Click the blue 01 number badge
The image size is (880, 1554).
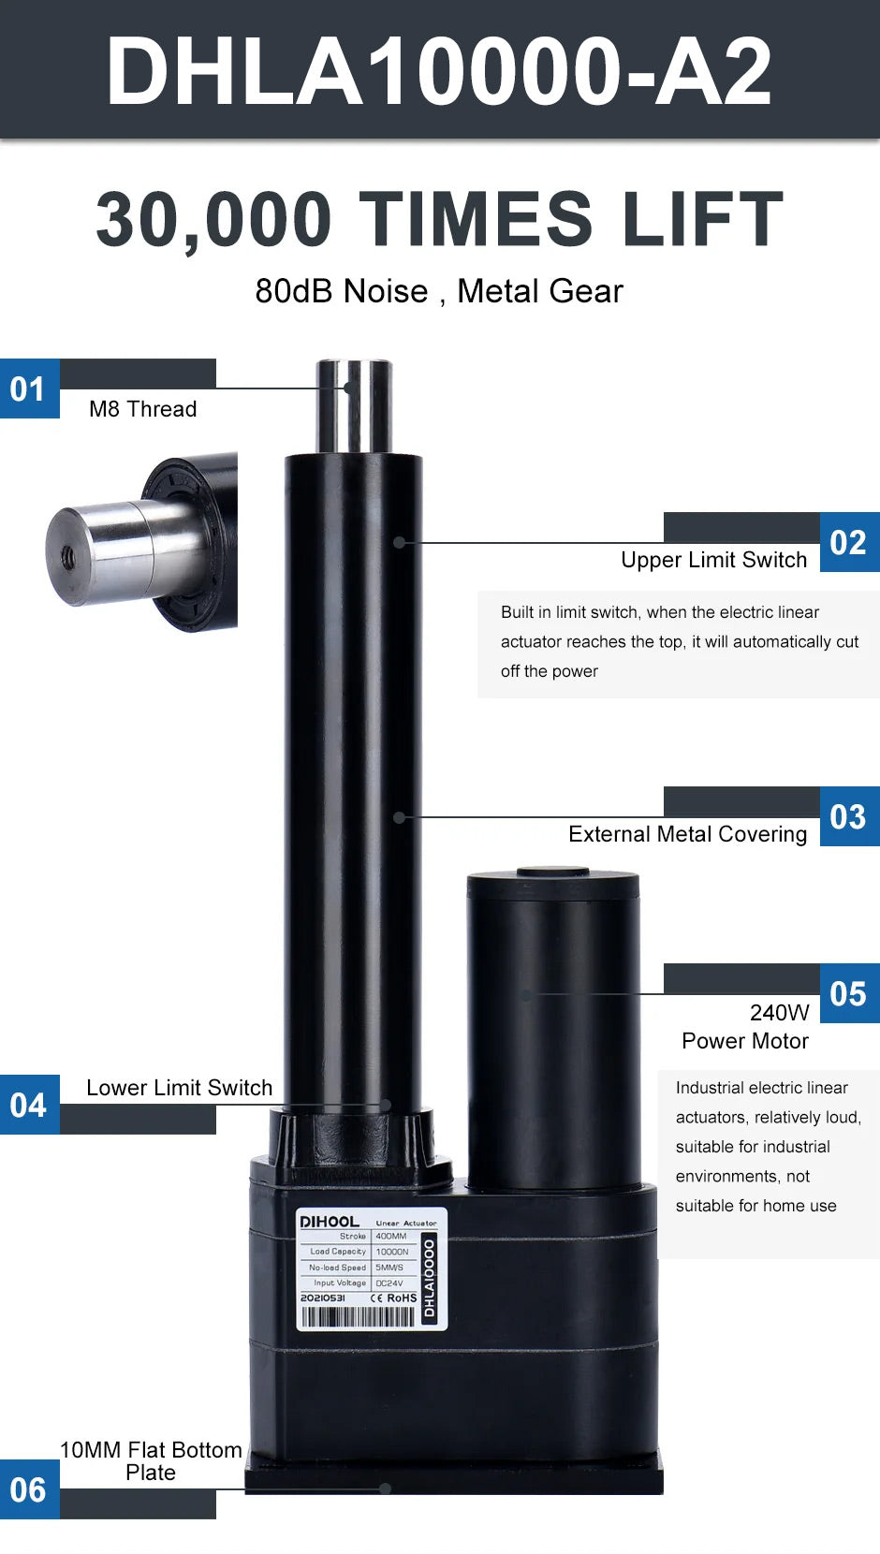[30, 388]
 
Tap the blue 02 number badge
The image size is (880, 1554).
[849, 542]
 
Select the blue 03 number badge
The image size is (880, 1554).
[849, 816]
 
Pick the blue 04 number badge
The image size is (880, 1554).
[30, 1105]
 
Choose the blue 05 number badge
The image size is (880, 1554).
[849, 992]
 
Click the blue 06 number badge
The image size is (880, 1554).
[30, 1489]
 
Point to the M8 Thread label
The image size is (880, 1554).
[143, 408]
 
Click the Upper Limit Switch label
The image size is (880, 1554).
[714, 560]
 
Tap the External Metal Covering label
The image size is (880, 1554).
[688, 834]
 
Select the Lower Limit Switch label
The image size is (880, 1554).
[179, 1087]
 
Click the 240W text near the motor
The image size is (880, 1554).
[780, 1013]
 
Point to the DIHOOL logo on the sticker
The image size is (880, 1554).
[330, 1222]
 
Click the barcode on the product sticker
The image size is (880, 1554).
[358, 1316]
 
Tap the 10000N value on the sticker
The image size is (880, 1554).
[392, 1252]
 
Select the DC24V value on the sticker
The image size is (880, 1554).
[389, 1283]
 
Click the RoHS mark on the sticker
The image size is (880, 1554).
[402, 1297]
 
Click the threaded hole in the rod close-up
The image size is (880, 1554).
[68, 557]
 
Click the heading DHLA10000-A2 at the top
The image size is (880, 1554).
[439, 71]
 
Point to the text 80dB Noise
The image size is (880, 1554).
[342, 291]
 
